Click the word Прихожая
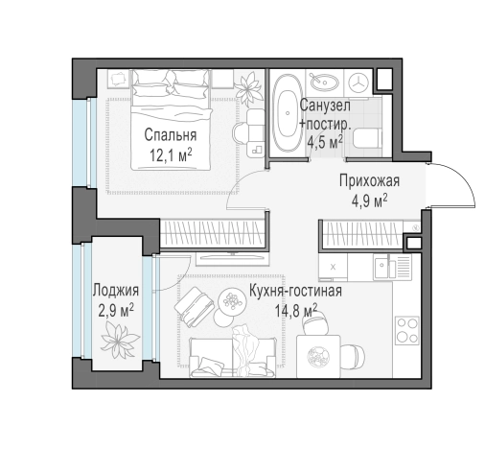tap(368, 181)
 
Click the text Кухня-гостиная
tap(294, 291)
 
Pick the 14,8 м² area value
tap(295, 309)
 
